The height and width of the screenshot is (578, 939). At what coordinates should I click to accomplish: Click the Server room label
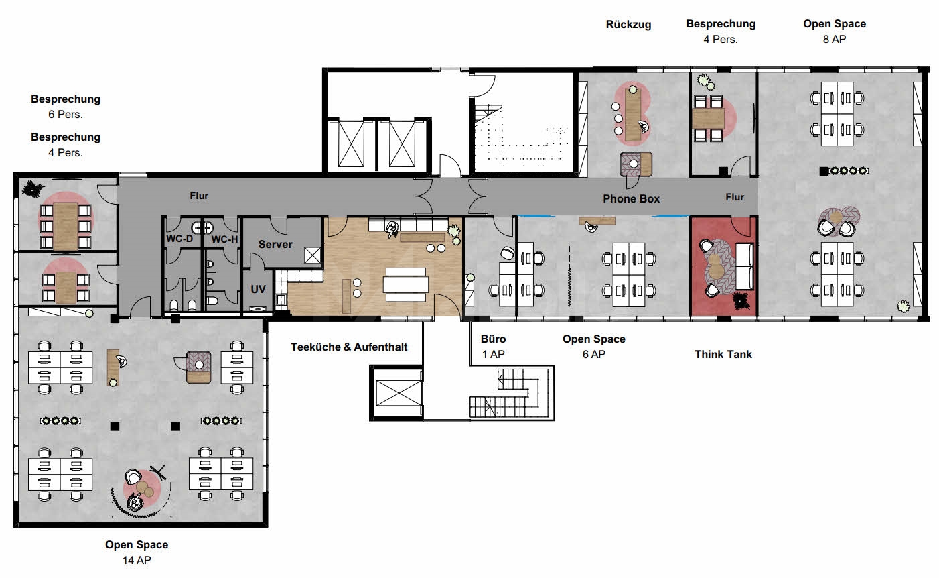tap(275, 244)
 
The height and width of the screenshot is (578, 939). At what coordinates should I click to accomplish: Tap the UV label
tap(258, 289)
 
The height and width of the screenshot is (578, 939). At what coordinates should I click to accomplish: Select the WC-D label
tap(179, 239)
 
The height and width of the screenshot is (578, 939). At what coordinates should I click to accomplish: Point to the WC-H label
tap(224, 239)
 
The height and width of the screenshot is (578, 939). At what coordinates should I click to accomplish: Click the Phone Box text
tap(631, 198)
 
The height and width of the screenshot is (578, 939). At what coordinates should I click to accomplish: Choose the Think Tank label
tap(723, 354)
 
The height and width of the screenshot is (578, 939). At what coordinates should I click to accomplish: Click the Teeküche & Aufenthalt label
tap(348, 347)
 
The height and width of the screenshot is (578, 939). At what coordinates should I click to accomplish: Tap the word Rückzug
tap(628, 24)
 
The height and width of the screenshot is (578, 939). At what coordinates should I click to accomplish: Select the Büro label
tap(493, 339)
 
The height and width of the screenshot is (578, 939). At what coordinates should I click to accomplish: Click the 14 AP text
tap(136, 560)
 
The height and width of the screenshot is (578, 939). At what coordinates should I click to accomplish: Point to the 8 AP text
tap(834, 39)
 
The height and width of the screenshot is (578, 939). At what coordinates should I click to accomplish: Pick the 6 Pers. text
tap(66, 114)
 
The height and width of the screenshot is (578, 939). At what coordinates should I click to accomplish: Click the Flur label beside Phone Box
tap(735, 197)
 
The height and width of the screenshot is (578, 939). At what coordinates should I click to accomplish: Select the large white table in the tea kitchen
tap(405, 281)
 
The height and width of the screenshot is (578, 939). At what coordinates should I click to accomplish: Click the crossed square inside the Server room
tap(313, 255)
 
